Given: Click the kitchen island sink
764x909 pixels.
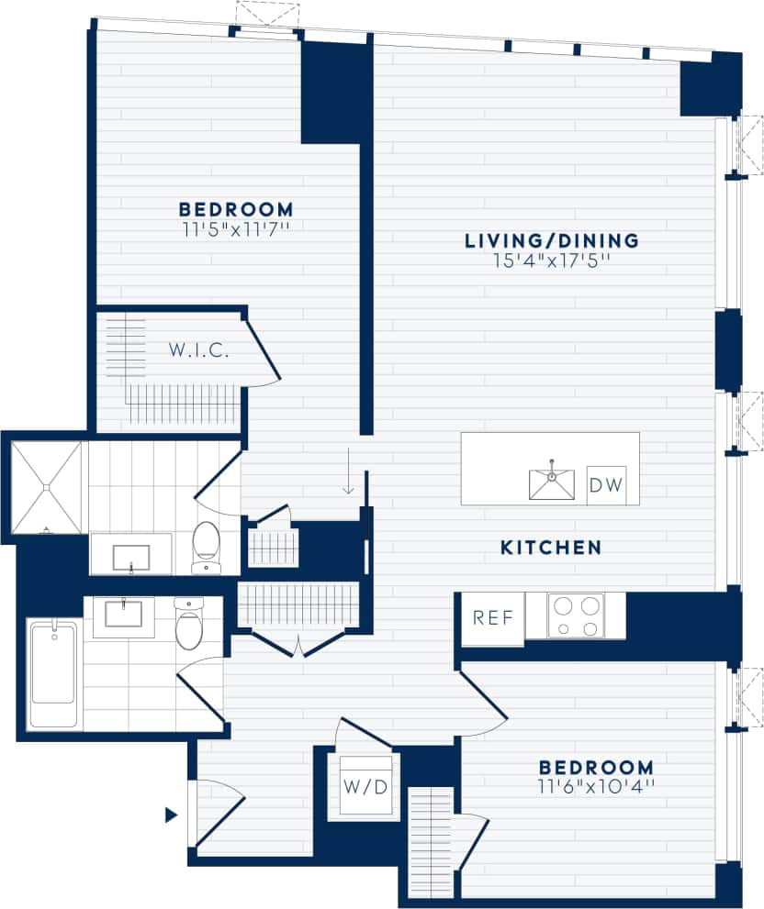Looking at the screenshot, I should (551, 483).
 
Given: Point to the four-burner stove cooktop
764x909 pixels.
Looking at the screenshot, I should (576, 615).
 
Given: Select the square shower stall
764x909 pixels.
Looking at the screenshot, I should (46, 486).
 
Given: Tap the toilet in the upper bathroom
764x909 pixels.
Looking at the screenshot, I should (207, 547).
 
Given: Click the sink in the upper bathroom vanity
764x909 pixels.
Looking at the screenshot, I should (131, 557).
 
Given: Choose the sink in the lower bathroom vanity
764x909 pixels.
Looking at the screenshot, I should (123, 613).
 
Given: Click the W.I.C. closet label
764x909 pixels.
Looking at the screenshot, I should (198, 349).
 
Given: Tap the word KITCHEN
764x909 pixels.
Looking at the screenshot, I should (550, 548).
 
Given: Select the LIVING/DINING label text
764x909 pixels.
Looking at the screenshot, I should (551, 241).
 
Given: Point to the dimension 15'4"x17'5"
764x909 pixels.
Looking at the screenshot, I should (551, 261).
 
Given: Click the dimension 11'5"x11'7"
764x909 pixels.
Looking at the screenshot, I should (236, 228).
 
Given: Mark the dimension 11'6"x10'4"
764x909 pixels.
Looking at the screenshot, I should (596, 786).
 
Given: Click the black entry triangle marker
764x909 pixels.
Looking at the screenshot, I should (171, 814).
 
